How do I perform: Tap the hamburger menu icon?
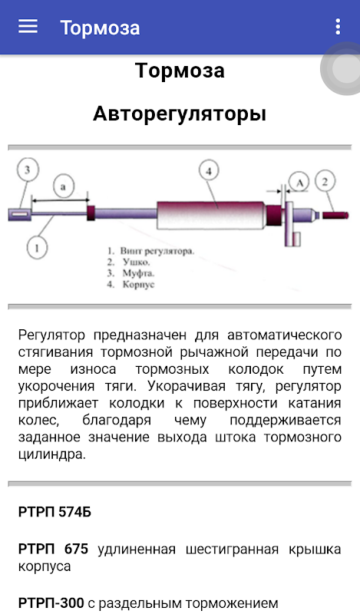[x=28, y=27]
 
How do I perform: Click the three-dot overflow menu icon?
[x=338, y=27]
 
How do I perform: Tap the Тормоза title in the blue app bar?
[x=100, y=28]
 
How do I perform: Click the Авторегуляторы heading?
[x=180, y=114]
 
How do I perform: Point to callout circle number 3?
[x=28, y=170]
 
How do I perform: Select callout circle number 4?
[x=209, y=171]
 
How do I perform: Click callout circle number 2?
[x=325, y=181]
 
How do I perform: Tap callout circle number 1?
[x=37, y=247]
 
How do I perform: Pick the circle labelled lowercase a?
[x=63, y=187]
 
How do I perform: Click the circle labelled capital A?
[x=299, y=183]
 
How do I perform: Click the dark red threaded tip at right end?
[x=335, y=215]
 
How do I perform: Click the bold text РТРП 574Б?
[x=54, y=512]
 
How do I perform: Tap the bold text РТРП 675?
[x=53, y=549]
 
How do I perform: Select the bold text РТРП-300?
[x=51, y=602]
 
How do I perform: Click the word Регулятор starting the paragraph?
[x=51, y=335]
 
